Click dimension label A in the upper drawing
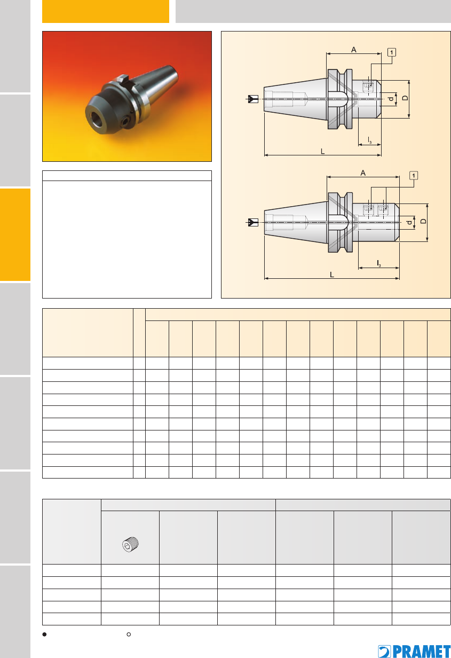click(354, 50)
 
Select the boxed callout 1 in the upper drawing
click(392, 52)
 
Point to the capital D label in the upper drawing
click(405, 98)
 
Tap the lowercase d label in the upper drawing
click(391, 99)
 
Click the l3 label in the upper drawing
click(370, 140)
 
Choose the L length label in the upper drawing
click(323, 151)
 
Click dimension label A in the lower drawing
click(363, 173)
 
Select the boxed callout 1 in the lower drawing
click(414, 176)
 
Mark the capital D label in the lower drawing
click(423, 221)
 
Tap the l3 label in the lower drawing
click(379, 263)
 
